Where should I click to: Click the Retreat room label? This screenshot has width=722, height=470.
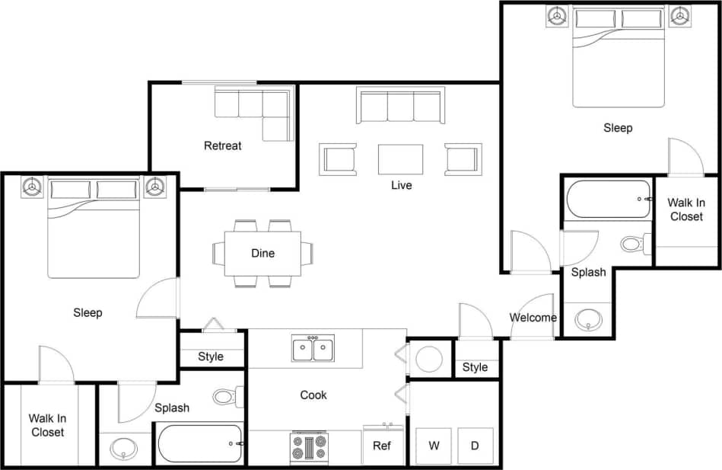[222, 145]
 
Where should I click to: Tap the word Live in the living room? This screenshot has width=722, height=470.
[401, 185]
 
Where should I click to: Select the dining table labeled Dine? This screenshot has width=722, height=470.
[262, 253]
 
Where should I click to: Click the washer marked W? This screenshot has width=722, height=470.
[434, 446]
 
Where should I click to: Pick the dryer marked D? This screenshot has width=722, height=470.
[475, 446]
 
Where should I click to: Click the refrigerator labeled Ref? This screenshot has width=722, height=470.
[382, 446]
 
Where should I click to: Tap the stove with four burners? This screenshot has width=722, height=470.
[309, 446]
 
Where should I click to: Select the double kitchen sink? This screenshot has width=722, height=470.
[313, 350]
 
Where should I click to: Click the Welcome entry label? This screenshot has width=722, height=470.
[533, 318]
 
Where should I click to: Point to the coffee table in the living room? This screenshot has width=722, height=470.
[400, 159]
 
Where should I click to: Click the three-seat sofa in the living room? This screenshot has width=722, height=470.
[400, 105]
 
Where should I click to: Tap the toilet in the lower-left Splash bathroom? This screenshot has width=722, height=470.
[227, 396]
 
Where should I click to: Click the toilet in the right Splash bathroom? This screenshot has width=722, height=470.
[634, 244]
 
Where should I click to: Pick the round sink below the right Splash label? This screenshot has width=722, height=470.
[588, 319]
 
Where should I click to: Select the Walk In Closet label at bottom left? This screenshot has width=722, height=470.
[47, 425]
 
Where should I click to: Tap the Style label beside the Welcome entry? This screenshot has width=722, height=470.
[475, 367]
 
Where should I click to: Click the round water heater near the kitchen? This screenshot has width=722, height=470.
[430, 358]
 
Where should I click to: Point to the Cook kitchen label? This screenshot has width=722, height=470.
[313, 395]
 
